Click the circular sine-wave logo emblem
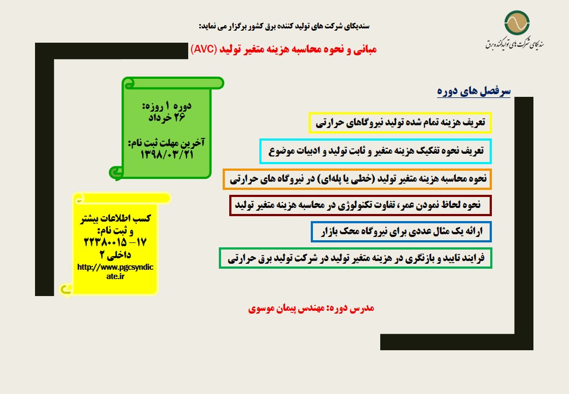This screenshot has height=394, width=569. [x=516, y=23]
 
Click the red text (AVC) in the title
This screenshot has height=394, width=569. [x=204, y=49]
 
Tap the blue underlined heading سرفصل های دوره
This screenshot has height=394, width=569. [x=474, y=91]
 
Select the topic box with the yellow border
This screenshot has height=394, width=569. [x=400, y=123]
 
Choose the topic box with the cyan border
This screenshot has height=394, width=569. [x=375, y=151]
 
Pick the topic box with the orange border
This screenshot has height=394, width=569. [x=357, y=179]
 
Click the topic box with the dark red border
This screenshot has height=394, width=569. [x=361, y=205]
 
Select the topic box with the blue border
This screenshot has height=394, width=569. [x=402, y=231]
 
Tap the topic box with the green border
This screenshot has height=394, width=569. [x=356, y=258]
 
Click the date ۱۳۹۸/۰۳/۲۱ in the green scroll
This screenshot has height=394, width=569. [x=167, y=155]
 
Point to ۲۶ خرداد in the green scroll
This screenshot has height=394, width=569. [x=167, y=117]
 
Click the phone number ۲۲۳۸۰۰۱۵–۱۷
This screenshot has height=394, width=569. [x=115, y=242]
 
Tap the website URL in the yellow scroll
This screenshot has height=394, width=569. [x=115, y=271]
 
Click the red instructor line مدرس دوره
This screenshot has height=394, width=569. [x=311, y=309]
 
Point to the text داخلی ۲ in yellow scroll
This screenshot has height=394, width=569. [x=115, y=254]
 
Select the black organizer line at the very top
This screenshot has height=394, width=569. [x=284, y=26]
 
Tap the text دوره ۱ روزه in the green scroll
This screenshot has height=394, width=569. [x=167, y=106]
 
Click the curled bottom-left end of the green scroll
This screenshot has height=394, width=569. [x=116, y=173]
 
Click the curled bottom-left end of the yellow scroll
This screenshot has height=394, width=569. [x=66, y=289]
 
